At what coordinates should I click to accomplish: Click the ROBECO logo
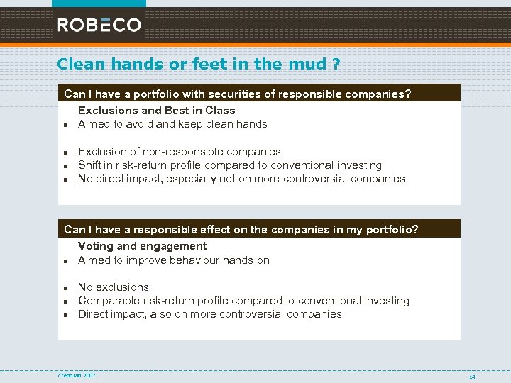coord(99,25)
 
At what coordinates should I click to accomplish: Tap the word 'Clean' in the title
coord(80,64)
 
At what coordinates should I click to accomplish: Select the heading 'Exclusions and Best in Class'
coord(156,111)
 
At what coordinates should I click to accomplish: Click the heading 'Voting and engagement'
coord(142,246)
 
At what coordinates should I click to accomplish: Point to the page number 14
coord(472,377)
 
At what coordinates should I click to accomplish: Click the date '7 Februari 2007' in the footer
coord(76,375)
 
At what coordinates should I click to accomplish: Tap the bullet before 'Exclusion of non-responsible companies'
coord(64,152)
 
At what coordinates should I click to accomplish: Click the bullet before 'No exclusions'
coord(64,288)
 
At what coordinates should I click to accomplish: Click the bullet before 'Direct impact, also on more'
coord(64,315)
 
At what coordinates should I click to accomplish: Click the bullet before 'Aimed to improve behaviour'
coord(64,261)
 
